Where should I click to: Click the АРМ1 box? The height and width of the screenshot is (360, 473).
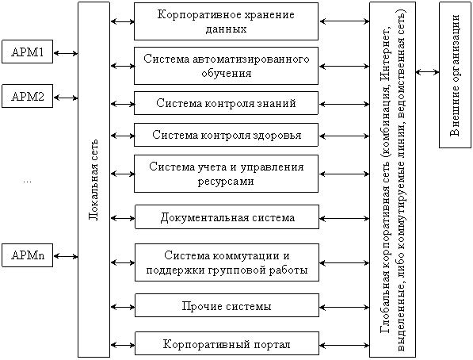(27, 52)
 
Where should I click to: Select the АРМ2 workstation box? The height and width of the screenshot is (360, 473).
(27, 96)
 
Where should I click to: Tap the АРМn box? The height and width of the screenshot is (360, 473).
(27, 255)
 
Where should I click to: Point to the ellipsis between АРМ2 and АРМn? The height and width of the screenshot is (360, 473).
(27, 182)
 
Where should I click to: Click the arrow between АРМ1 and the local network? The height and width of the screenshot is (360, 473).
(66, 53)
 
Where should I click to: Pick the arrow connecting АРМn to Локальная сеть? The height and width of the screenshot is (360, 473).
(66, 257)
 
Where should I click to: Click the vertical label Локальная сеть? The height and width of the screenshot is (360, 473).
(93, 180)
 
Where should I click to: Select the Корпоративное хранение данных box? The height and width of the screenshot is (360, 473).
(226, 21)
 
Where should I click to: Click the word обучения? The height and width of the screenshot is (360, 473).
(227, 74)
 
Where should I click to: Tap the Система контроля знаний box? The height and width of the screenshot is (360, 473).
(226, 103)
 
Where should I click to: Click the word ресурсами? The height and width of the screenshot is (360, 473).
(226, 182)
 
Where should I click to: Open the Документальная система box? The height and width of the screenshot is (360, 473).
(227, 216)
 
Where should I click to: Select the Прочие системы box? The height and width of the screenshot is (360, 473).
(227, 305)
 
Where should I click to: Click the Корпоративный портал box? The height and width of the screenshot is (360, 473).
(227, 343)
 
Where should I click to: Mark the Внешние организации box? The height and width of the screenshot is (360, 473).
(455, 75)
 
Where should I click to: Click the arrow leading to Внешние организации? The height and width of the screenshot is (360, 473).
(427, 72)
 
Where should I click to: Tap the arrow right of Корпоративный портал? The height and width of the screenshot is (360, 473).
(344, 345)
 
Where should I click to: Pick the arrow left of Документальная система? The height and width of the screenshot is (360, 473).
(123, 218)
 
